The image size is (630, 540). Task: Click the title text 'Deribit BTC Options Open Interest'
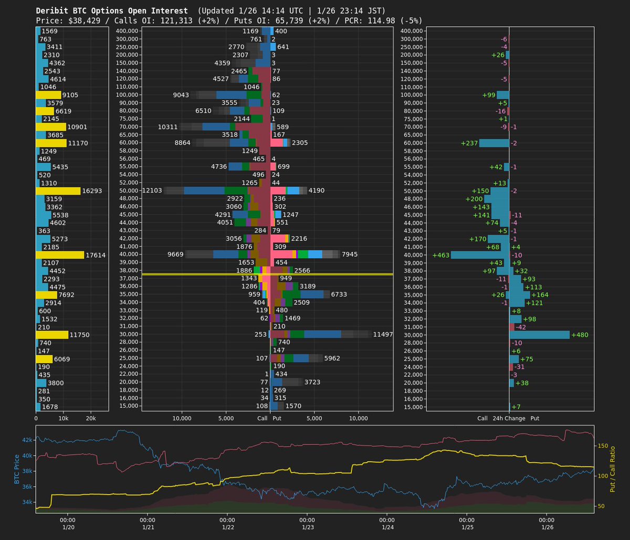tap(112, 10)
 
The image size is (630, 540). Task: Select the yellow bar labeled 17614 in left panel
tap(60, 255)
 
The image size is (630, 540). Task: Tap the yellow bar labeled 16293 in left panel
tap(58, 191)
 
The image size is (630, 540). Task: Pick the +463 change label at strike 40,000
tap(440, 255)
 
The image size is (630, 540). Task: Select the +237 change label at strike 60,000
tap(469, 143)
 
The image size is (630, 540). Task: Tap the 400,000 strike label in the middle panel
tap(127, 31)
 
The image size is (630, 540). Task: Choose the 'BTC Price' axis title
tap(16, 468)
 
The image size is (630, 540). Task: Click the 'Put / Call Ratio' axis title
tap(612, 469)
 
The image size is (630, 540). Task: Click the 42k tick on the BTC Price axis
tap(27, 439)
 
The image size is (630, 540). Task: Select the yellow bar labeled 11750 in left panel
tap(52, 335)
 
